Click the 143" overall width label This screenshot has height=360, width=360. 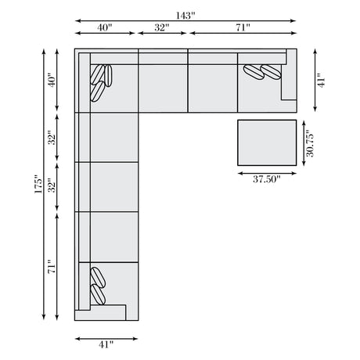click(x=185, y=16)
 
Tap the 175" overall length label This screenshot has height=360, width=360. click(x=38, y=184)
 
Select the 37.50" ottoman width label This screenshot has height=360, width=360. click(x=266, y=179)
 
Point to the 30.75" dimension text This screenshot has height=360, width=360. click(x=310, y=143)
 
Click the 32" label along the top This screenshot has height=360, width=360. click(x=162, y=27)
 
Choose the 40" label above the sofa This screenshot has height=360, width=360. click(x=105, y=27)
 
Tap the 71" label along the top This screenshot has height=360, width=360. click(x=243, y=27)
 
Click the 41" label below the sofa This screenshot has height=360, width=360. click(x=106, y=344)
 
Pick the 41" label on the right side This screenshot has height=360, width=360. click(x=321, y=80)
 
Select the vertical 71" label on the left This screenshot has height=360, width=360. click(x=52, y=266)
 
